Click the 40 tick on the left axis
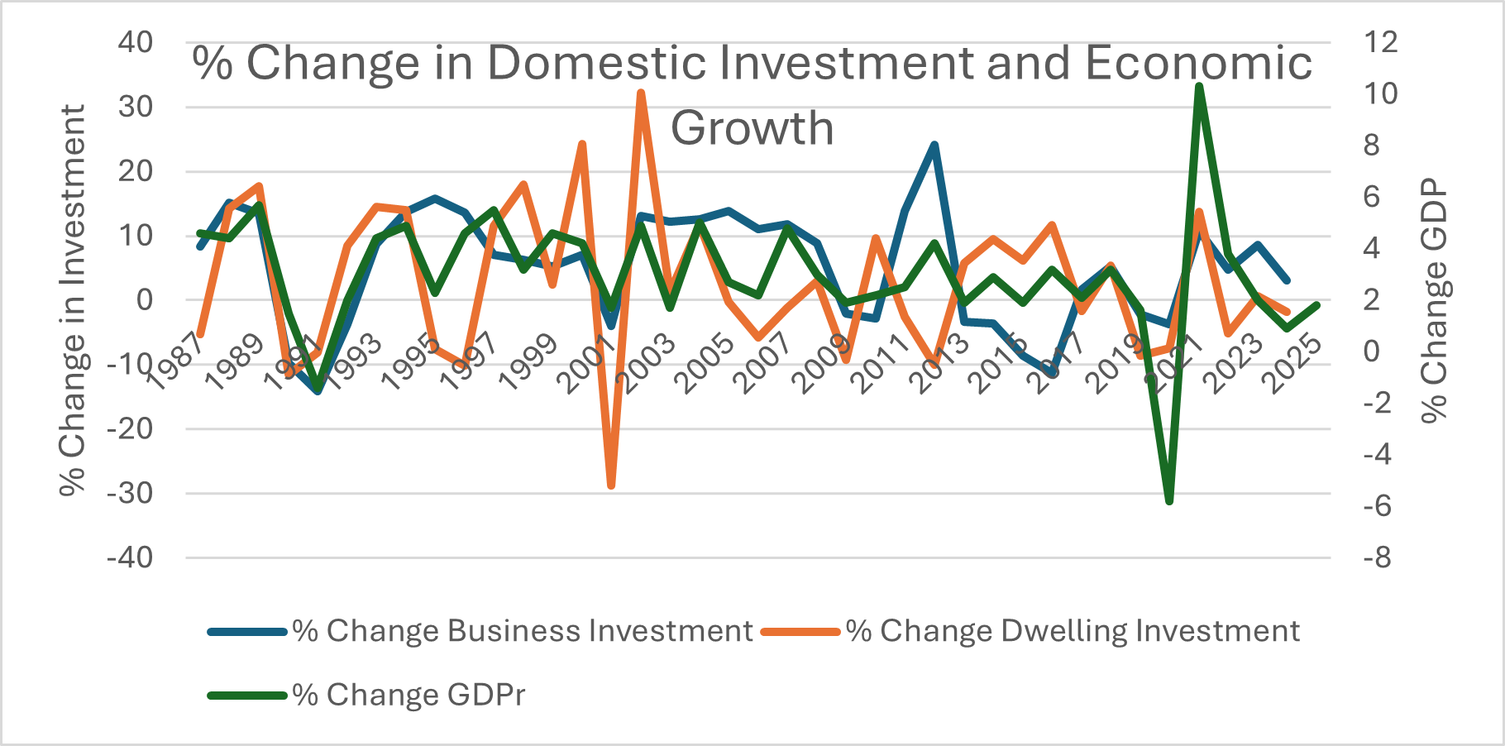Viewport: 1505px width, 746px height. pyautogui.click(x=135, y=42)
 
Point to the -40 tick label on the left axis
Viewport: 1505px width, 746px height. pyautogui.click(x=130, y=557)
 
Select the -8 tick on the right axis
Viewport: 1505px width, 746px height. pyautogui.click(x=1377, y=557)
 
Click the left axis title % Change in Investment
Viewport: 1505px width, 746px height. pyautogui.click(x=73, y=299)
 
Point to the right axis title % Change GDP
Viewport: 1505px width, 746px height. pyautogui.click(x=1435, y=299)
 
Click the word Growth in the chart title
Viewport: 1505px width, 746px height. pyautogui.click(x=752, y=128)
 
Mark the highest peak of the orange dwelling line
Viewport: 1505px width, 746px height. pyautogui.click(x=641, y=93)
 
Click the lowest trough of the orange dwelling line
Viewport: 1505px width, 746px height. pyautogui.click(x=611, y=485)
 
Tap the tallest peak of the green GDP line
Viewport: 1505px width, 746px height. pyautogui.click(x=1199, y=86)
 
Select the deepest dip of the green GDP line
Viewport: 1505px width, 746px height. pyautogui.click(x=1169, y=501)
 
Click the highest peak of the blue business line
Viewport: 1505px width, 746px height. pyautogui.click(x=934, y=145)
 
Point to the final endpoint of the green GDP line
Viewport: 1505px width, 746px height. pyautogui.click(x=1316, y=305)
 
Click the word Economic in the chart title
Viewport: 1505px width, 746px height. pyautogui.click(x=1198, y=63)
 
